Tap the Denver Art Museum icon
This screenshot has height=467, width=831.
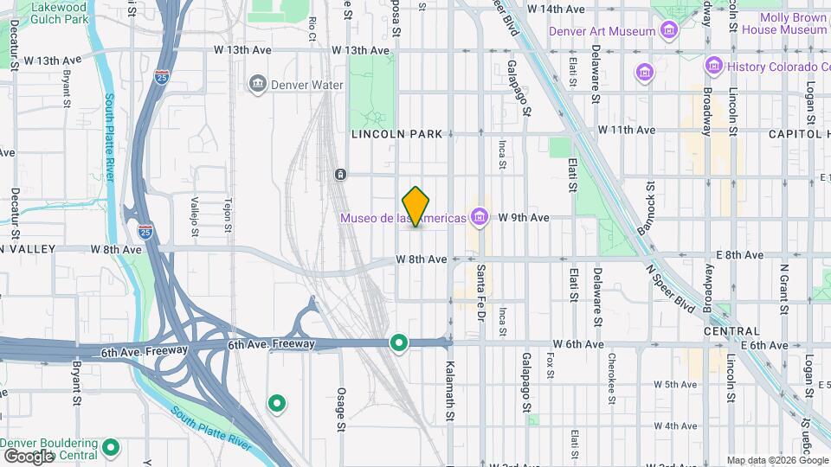click(668, 32)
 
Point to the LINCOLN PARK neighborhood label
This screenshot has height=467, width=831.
click(396, 134)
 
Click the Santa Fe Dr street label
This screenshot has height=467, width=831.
click(480, 293)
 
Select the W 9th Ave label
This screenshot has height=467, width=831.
click(524, 218)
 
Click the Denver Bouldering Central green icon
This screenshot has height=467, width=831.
click(110, 448)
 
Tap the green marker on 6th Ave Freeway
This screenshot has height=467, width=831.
click(398, 343)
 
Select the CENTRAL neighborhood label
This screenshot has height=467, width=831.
click(731, 331)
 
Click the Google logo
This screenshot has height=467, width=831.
click(29, 456)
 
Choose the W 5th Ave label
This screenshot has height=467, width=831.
click(675, 384)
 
